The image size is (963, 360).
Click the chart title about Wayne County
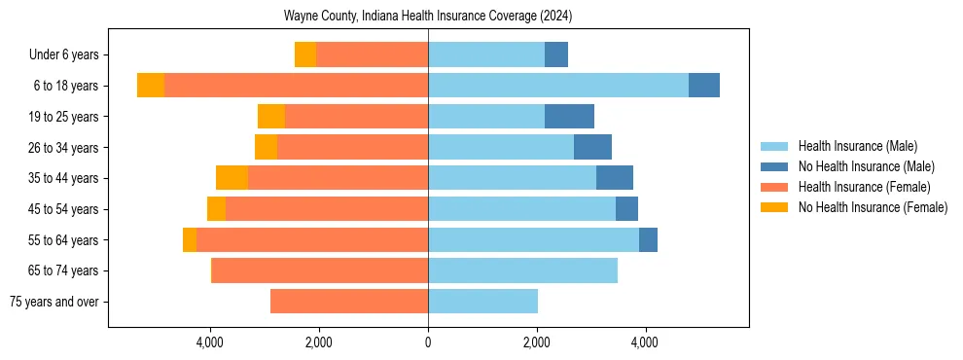pyautogui.click(x=428, y=17)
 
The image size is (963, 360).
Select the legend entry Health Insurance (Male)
pyautogui.click(x=857, y=146)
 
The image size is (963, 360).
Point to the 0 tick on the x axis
pyautogui.click(x=428, y=342)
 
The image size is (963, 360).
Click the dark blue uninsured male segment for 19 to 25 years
pyautogui.click(x=569, y=117)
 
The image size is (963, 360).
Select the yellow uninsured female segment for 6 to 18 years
pyautogui.click(x=151, y=86)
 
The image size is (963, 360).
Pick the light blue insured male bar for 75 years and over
pyautogui.click(x=482, y=302)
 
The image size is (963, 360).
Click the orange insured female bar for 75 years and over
pyautogui.click(x=349, y=302)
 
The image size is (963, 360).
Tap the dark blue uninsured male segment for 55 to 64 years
pyautogui.click(x=648, y=240)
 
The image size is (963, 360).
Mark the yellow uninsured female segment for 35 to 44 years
pyautogui.click(x=232, y=178)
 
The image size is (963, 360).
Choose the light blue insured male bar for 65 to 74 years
pyautogui.click(x=522, y=270)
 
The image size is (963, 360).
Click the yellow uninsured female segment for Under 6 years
pyautogui.click(x=305, y=55)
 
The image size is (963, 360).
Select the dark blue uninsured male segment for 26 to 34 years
pyautogui.click(x=592, y=148)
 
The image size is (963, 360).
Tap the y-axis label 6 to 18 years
pyautogui.click(x=66, y=86)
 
